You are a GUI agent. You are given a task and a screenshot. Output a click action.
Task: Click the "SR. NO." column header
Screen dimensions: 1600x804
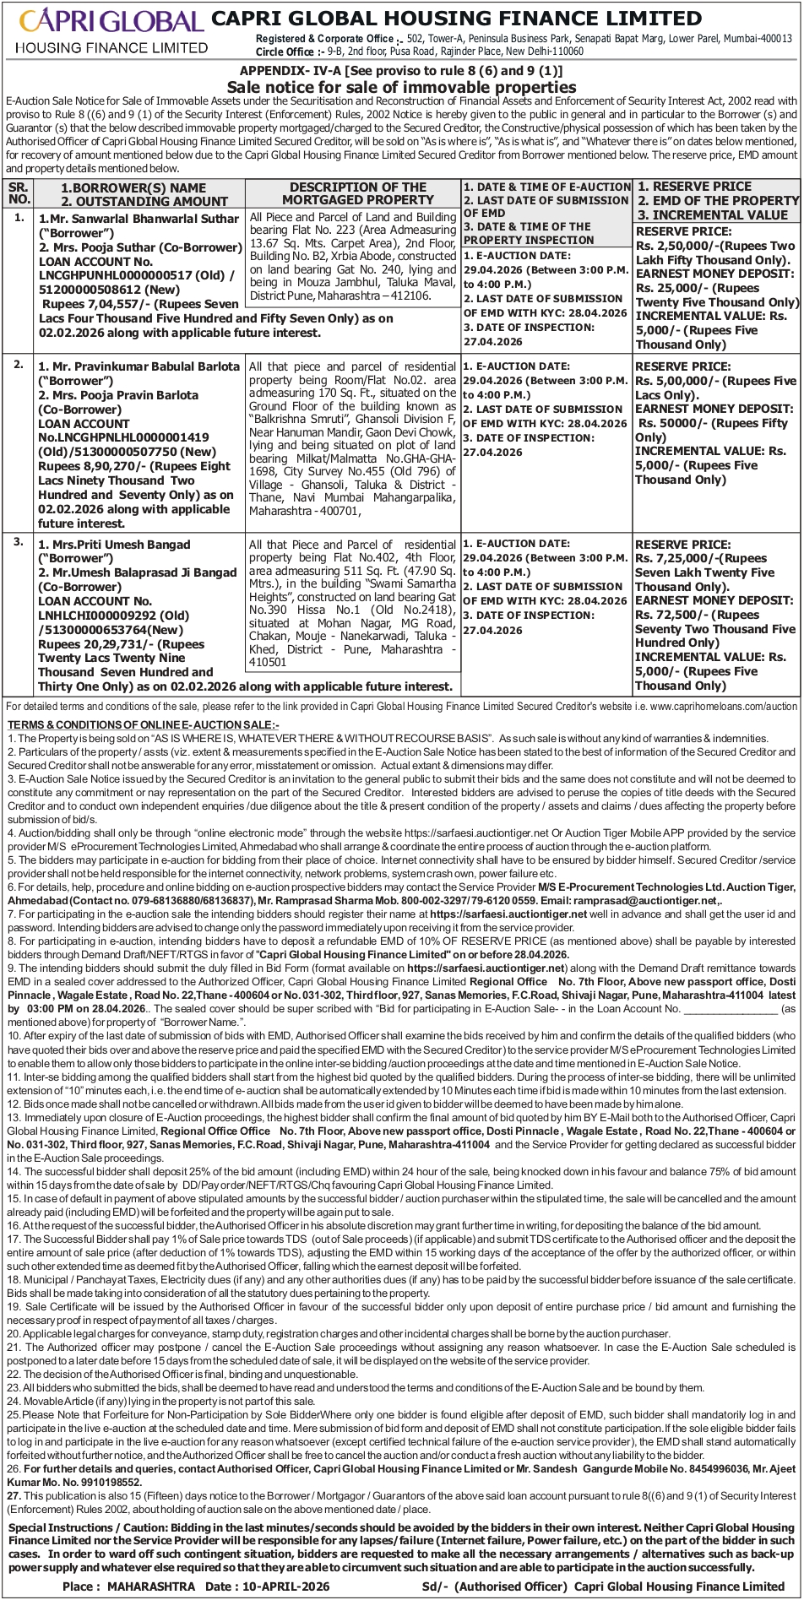pos(19,193)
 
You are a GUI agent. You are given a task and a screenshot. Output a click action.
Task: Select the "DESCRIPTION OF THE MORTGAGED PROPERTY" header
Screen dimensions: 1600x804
pos(357,193)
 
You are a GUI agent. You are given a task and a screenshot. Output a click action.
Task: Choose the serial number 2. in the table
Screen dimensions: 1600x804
pos(19,364)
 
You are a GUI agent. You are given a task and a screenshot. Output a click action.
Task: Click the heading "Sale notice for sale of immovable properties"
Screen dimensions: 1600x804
pos(401,88)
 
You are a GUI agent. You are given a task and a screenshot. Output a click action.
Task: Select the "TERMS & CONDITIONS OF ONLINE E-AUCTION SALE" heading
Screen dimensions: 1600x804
pos(143,724)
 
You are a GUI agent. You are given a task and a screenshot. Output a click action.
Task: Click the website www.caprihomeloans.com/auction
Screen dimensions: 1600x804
pos(724,706)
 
